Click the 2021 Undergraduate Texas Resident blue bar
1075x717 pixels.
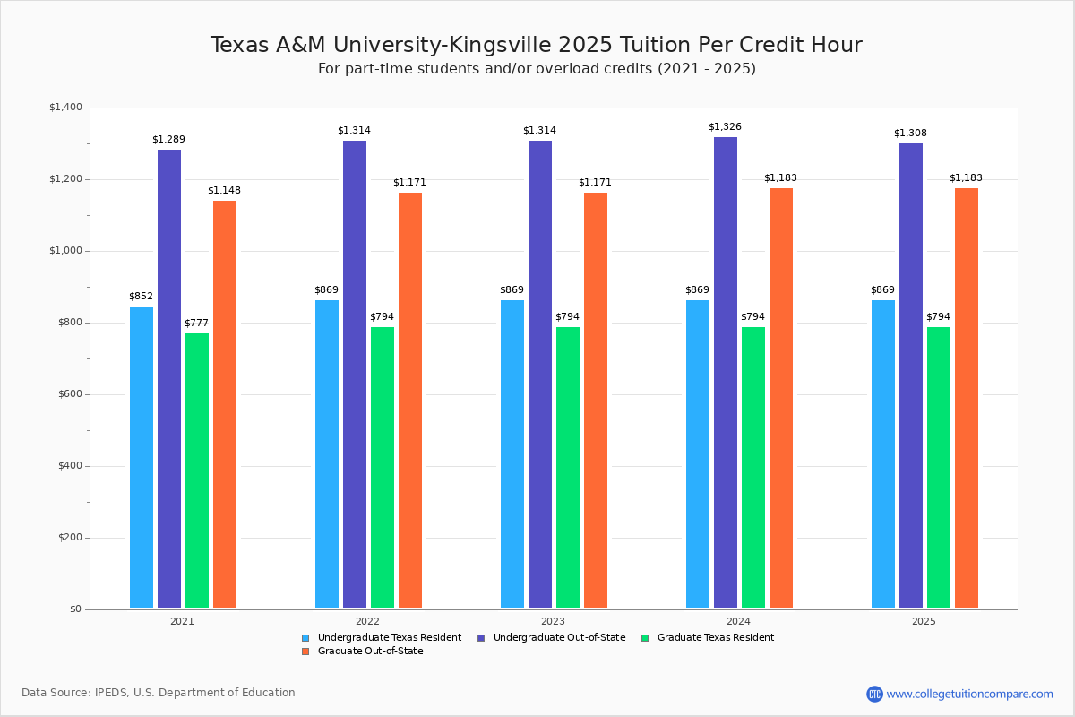coord(142,457)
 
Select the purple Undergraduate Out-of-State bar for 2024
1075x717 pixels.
coord(726,372)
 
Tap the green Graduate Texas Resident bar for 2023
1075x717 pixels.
coord(568,467)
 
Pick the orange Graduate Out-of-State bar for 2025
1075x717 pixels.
coord(967,398)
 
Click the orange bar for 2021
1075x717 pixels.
coord(225,404)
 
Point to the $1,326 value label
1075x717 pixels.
coord(725,127)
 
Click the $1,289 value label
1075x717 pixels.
coord(168,140)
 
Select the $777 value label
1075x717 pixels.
coord(196,324)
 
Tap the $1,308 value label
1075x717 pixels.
coord(910,134)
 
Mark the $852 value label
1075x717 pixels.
coord(141,297)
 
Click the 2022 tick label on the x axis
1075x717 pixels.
coord(367,621)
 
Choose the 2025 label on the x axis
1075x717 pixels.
coord(924,621)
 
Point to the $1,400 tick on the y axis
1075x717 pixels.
coord(65,108)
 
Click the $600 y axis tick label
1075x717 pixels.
coord(68,394)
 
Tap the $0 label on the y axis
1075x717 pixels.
coord(75,609)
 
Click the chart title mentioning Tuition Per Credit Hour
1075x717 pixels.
coord(537,45)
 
